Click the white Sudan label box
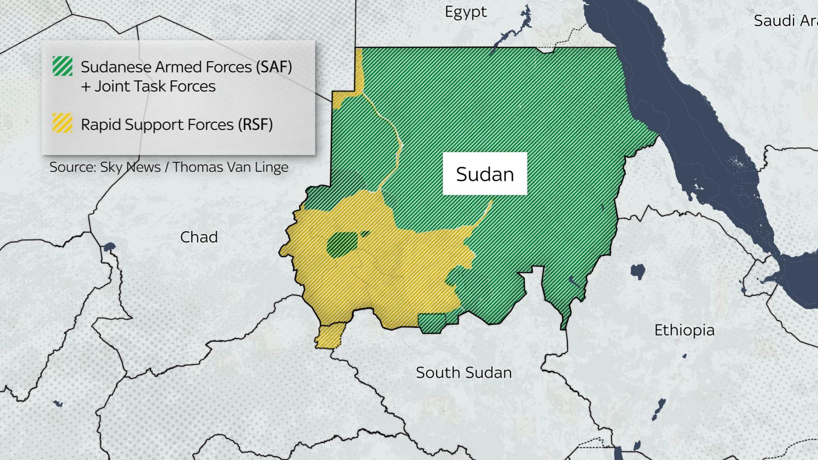[484, 174]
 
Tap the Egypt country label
[466, 12]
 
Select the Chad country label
[199, 237]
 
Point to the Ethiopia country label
[684, 330]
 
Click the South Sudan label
[463, 373]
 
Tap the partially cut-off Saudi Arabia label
[785, 21]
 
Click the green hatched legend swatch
[63, 66]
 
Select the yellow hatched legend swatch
[63, 123]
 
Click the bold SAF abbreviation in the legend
[274, 67]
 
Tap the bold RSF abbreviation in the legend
[255, 125]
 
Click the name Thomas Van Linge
[230, 167]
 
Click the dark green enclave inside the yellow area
[342, 244]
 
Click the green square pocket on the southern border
[432, 323]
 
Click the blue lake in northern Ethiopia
[637, 272]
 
